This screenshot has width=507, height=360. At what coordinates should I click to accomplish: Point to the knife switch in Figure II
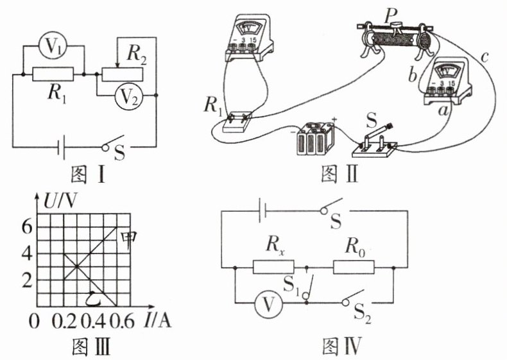pyautogui.click(x=377, y=142)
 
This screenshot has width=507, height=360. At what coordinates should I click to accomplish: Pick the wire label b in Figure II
pyautogui.click(x=413, y=75)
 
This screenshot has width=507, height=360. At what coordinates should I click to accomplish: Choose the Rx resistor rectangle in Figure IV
pyautogui.click(x=274, y=266)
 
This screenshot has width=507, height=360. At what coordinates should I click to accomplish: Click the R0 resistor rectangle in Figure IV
pyautogui.click(x=353, y=266)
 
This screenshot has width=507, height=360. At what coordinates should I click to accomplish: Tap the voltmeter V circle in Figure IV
pyautogui.click(x=264, y=307)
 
